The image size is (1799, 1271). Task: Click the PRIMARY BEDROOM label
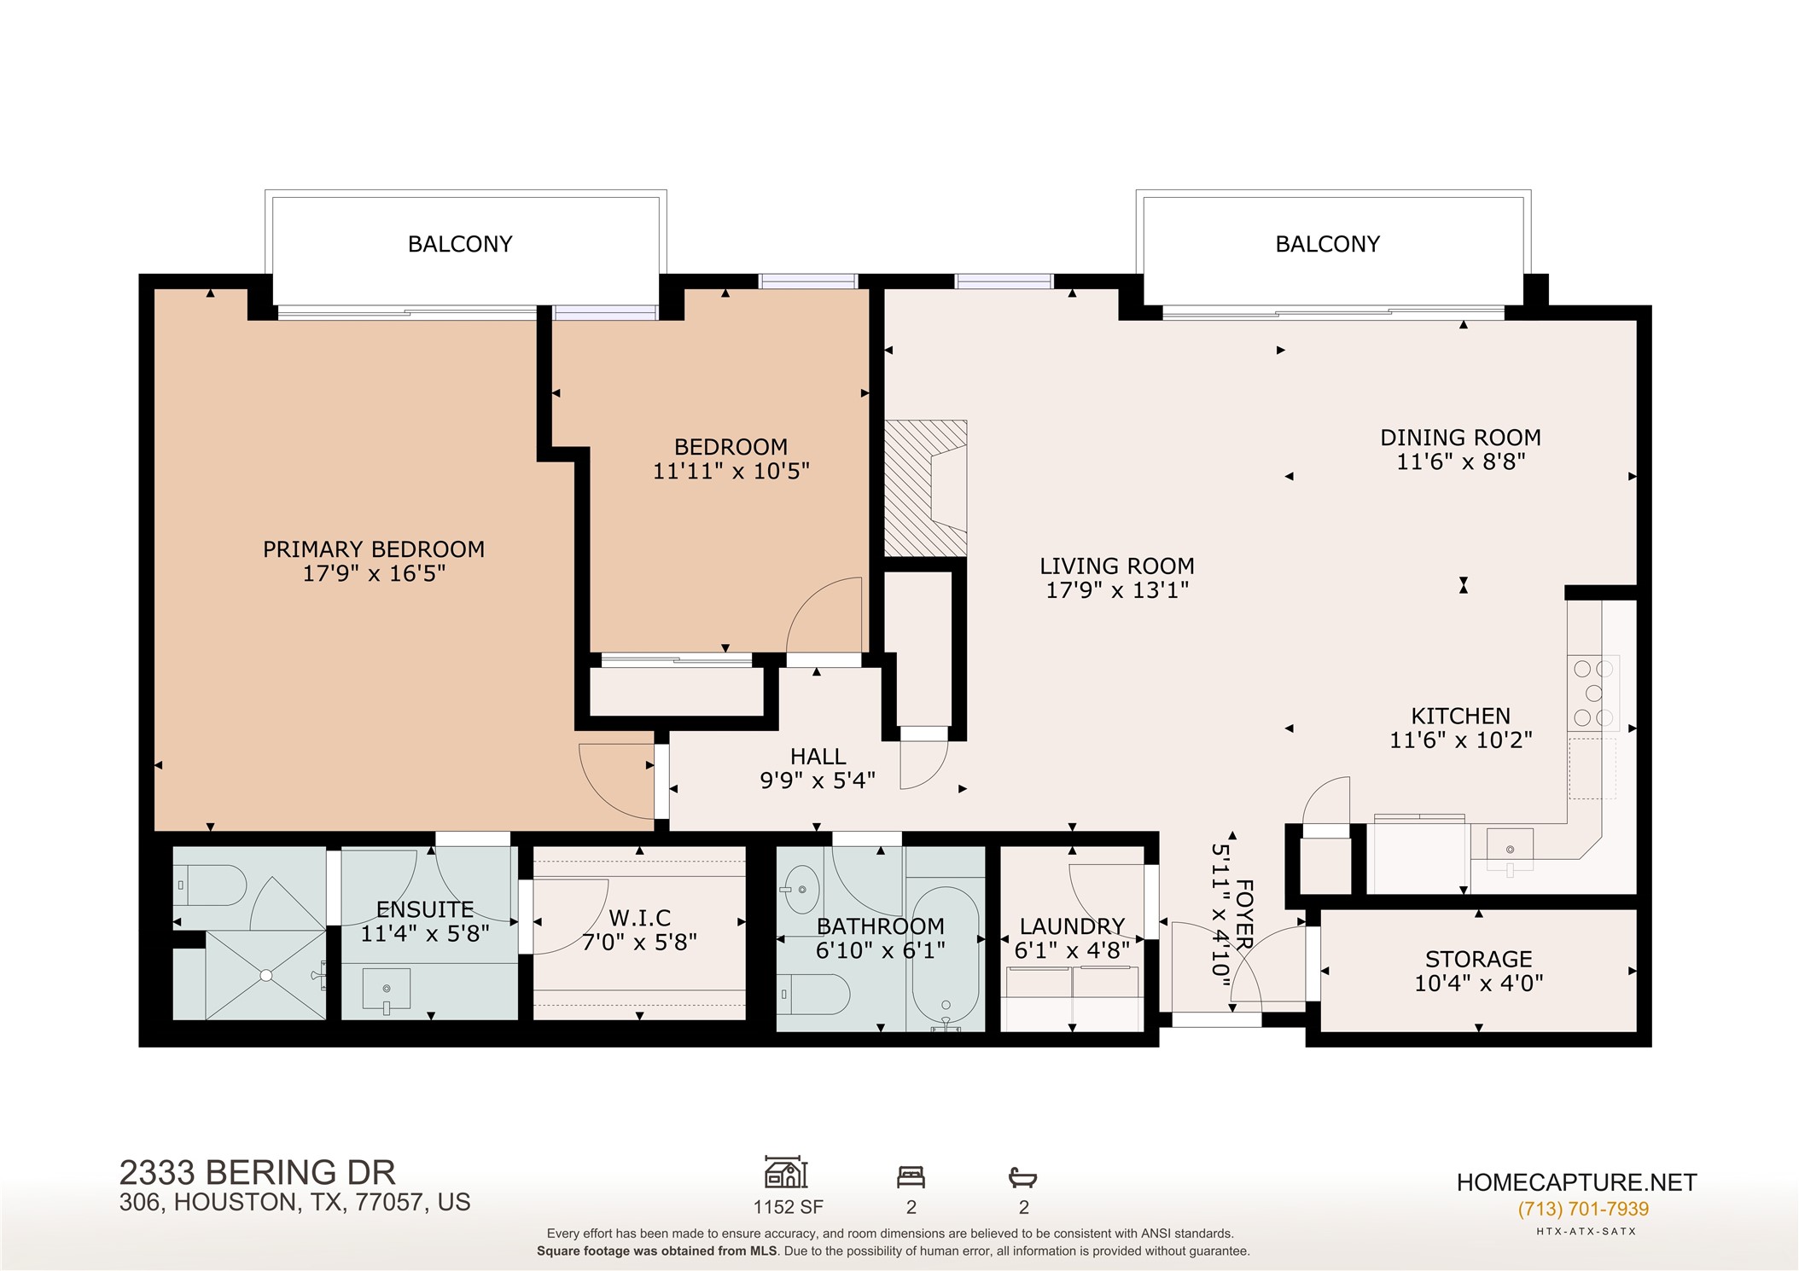374,549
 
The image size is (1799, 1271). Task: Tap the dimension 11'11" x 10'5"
731,471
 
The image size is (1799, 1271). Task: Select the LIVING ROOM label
1117,566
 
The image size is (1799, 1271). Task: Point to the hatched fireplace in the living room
925,487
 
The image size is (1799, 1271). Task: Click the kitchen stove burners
1593,694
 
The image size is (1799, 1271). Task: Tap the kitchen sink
1510,850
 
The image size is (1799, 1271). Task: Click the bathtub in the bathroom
945,960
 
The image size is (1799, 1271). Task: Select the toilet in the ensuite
211,885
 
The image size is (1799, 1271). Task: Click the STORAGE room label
1479,960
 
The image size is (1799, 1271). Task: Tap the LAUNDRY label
1072,926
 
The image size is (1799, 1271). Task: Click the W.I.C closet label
640,919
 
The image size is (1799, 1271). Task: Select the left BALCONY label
460,245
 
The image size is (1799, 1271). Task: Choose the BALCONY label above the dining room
1327,245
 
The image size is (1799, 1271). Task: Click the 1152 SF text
788,1207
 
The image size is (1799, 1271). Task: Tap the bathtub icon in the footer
1022,1178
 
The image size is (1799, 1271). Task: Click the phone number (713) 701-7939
1583,1210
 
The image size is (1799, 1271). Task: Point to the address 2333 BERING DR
258,1173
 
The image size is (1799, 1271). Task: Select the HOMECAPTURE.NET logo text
1576,1182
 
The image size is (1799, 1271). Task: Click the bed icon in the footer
911,1178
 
